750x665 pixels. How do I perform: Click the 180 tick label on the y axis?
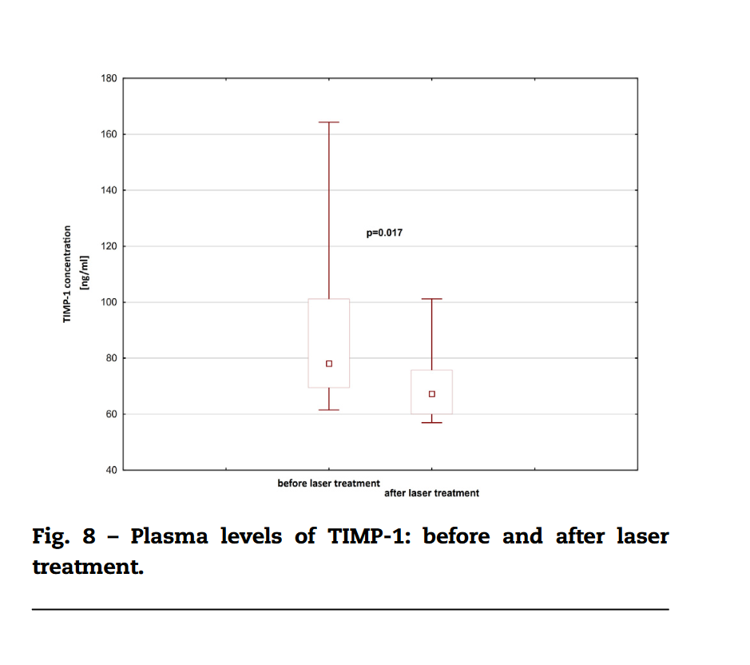[109, 78]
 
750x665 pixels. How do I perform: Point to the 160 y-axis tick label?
[109, 134]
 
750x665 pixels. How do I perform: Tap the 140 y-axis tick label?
[109, 190]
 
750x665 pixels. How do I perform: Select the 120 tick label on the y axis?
[109, 246]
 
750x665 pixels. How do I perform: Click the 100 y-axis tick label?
[109, 302]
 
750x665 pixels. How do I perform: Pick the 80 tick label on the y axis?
[112, 358]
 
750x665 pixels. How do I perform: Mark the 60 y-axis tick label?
[112, 414]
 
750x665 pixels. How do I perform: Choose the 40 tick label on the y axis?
[112, 470]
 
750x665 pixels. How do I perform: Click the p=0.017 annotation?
[383, 233]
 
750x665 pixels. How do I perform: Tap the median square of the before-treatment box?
[328, 364]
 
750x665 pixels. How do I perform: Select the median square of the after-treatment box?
[432, 394]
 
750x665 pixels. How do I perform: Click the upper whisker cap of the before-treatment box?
[328, 122]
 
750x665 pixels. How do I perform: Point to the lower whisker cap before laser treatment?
[328, 410]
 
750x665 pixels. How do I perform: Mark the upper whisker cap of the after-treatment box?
[432, 299]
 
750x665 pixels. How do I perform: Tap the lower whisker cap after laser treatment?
[432, 422]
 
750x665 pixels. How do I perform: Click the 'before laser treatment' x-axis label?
[328, 484]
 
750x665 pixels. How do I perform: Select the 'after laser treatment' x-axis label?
[432, 493]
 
